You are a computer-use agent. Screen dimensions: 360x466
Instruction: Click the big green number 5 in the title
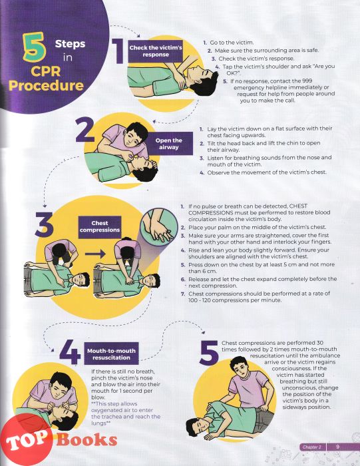pyautogui.click(x=34, y=47)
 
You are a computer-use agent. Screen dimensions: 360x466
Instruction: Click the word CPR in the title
pyautogui.click(x=45, y=71)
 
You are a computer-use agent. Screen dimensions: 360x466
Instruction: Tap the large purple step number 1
pyautogui.click(x=118, y=51)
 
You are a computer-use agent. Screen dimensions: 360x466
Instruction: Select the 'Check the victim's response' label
pyautogui.click(x=155, y=51)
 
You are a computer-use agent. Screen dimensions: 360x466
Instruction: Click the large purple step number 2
pyautogui.click(x=85, y=130)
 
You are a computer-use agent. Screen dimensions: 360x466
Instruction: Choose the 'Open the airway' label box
pyautogui.click(x=168, y=144)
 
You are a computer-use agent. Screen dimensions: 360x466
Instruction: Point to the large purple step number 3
pyautogui.click(x=44, y=225)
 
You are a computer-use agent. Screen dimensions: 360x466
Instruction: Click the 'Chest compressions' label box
pyautogui.click(x=100, y=227)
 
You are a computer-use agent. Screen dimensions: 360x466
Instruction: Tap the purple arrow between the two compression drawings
pyautogui.click(x=95, y=254)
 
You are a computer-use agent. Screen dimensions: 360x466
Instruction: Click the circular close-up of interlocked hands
pyautogui.click(x=159, y=228)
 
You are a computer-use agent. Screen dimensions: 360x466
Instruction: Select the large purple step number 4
pyautogui.click(x=70, y=352)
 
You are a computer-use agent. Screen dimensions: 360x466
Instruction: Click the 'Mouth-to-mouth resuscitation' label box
pyautogui.click(x=111, y=353)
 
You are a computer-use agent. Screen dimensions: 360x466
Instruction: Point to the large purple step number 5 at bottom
pyautogui.click(x=209, y=353)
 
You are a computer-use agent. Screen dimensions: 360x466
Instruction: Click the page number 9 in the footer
pyautogui.click(x=337, y=447)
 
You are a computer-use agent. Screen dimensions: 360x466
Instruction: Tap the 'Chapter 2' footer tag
pyautogui.click(x=312, y=447)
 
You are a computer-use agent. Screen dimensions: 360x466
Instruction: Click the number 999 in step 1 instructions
pyautogui.click(x=307, y=81)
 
